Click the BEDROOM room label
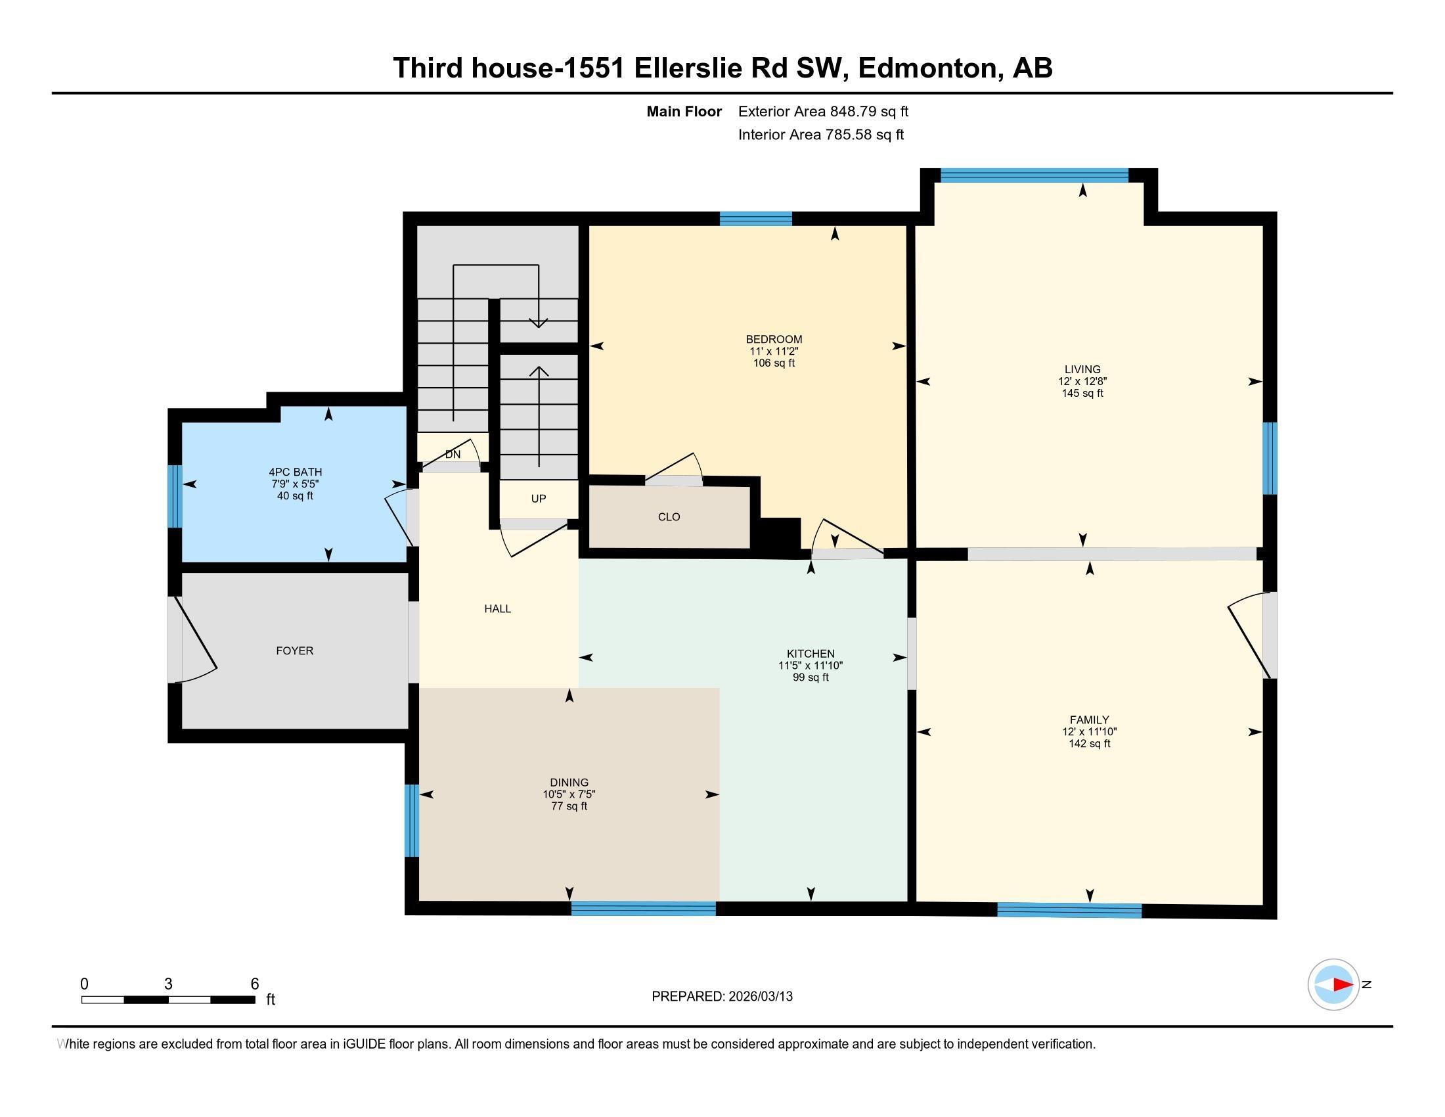coord(774,340)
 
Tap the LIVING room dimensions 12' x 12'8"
coord(1082,381)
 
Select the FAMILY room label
coord(1089,720)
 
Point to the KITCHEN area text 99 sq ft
coord(811,677)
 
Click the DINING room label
coord(568,782)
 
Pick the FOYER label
coord(294,651)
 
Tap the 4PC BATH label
coord(295,472)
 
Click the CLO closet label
coord(669,517)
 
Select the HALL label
coord(498,609)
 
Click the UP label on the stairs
coord(539,499)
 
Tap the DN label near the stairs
coord(453,455)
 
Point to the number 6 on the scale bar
coord(255,984)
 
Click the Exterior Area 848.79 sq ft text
coord(823,112)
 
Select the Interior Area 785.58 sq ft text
coord(820,135)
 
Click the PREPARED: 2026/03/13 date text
coord(722,997)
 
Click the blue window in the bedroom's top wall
coord(755,219)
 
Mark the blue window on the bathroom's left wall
coord(175,496)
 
